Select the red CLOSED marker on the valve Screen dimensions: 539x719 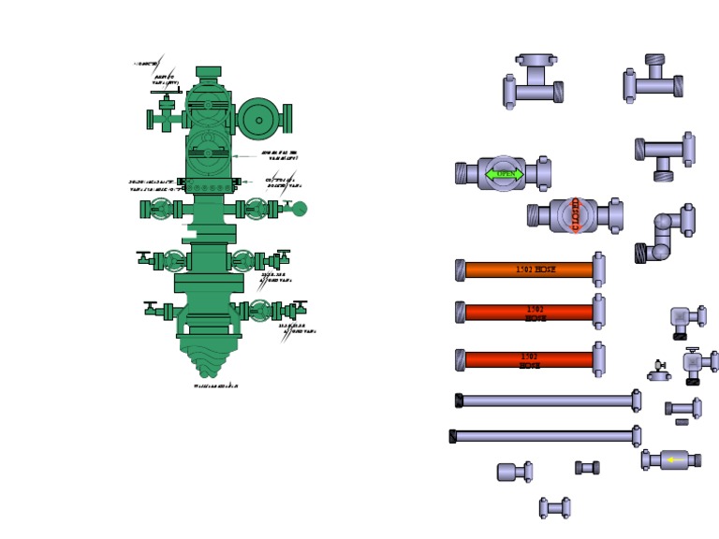click(x=575, y=215)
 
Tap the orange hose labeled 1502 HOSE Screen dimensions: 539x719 click(x=530, y=269)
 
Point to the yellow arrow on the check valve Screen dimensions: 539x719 click(x=672, y=459)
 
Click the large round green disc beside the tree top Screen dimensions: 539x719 click(x=259, y=119)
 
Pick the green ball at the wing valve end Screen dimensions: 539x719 click(x=300, y=209)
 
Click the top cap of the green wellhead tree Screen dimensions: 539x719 click(x=208, y=72)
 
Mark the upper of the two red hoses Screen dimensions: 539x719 click(x=530, y=313)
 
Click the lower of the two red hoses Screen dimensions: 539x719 click(x=530, y=359)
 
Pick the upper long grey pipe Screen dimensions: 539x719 click(x=548, y=401)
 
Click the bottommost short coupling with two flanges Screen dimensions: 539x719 click(x=554, y=508)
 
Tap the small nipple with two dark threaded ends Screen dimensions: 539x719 click(x=587, y=467)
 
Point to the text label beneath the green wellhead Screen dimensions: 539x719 click(x=216, y=386)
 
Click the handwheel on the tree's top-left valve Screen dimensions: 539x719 click(x=167, y=93)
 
